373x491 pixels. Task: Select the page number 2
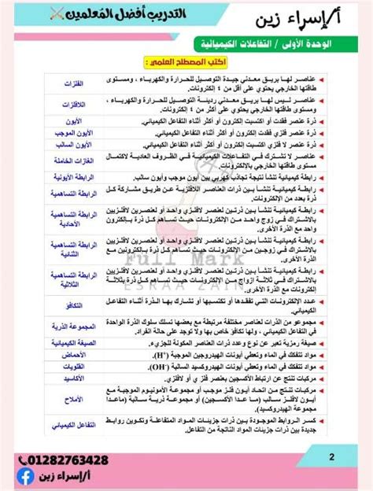click(331, 456)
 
